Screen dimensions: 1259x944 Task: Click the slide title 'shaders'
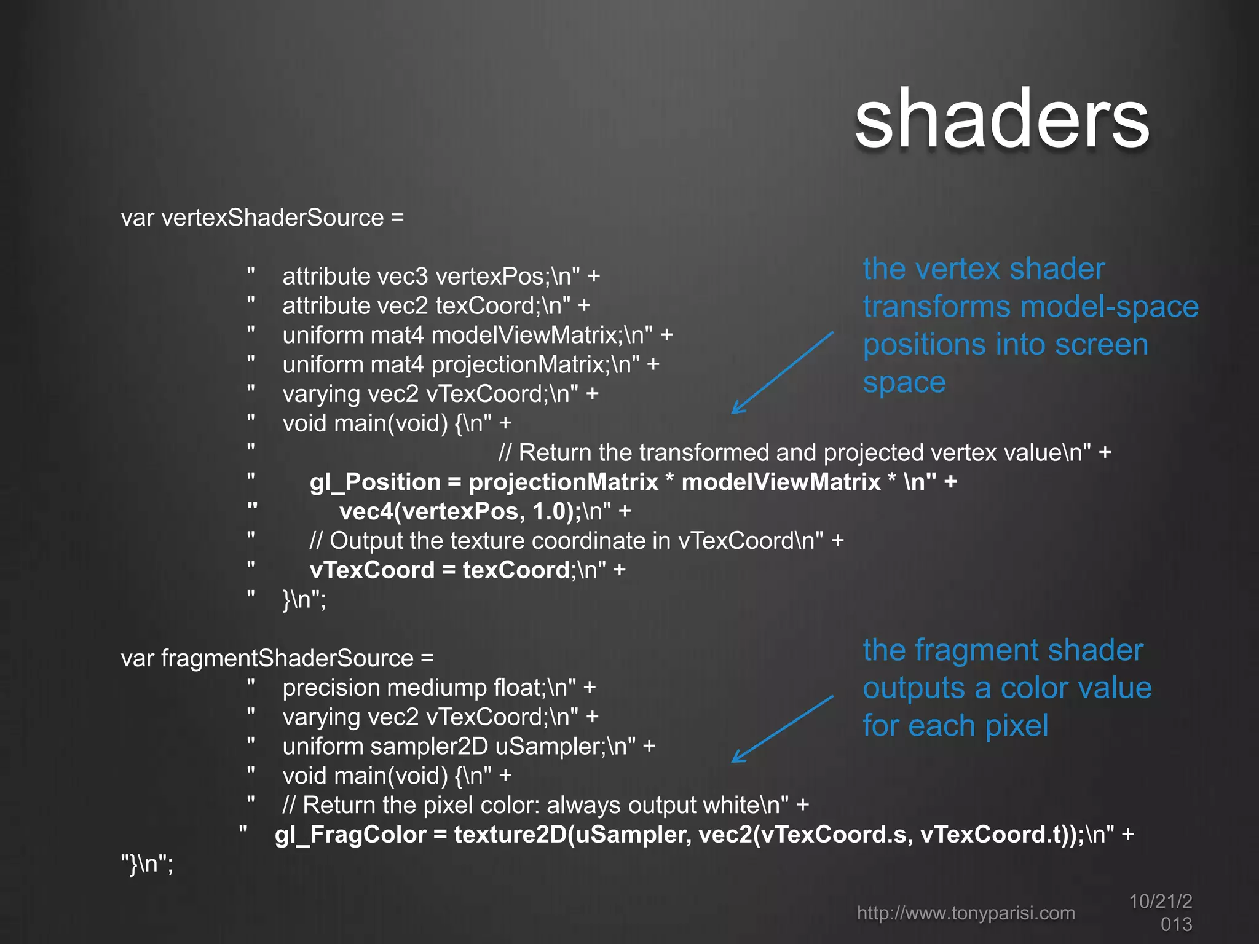pyautogui.click(x=1001, y=119)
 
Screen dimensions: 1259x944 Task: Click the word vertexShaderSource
pyautogui.click(x=272, y=218)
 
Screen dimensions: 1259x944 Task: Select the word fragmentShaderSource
pyautogui.click(x=287, y=658)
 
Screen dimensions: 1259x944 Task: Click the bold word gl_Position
pyautogui.click(x=375, y=482)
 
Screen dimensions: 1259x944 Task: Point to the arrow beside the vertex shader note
pyautogui.click(x=782, y=372)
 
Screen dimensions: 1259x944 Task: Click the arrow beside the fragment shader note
pyautogui.click(x=782, y=729)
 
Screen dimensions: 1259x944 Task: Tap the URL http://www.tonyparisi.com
pyautogui.click(x=966, y=913)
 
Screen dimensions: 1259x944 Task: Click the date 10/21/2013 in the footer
pyautogui.click(x=1161, y=912)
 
